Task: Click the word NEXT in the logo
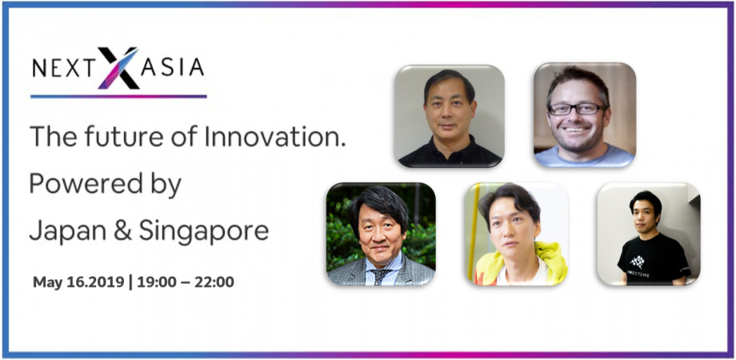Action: (64, 68)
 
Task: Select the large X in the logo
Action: (118, 68)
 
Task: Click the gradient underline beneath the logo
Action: (118, 97)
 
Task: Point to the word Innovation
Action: (274, 137)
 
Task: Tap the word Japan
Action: (67, 231)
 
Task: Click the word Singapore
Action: (204, 232)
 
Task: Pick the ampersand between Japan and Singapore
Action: (122, 231)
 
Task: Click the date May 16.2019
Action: (79, 282)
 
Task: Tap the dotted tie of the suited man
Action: (381, 276)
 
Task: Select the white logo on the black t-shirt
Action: (638, 262)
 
